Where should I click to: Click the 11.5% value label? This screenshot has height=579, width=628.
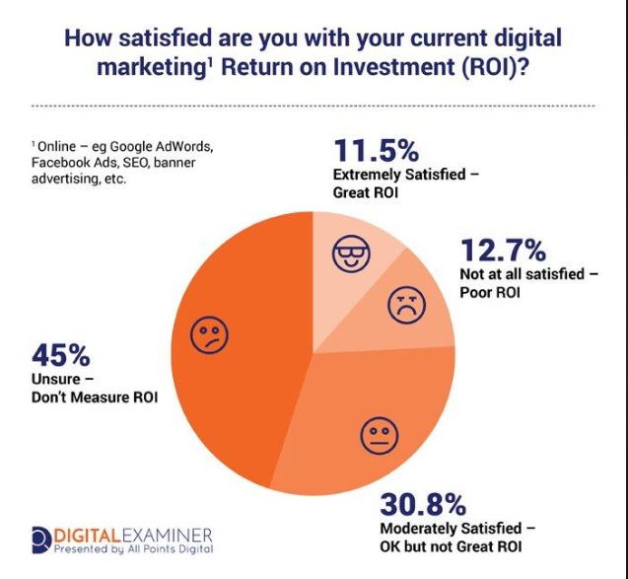(376, 152)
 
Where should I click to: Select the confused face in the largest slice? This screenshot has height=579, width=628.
(209, 336)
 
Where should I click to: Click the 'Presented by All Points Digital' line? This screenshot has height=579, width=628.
(136, 548)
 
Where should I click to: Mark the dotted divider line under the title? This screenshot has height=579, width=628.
(314, 105)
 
